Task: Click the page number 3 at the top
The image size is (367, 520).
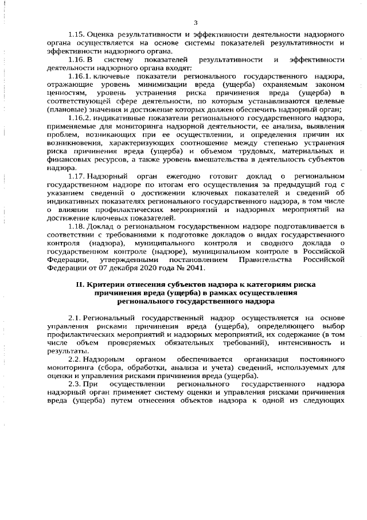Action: pos(196,22)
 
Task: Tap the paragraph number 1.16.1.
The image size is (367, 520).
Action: pos(81,76)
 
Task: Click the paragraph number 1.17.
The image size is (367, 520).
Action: pos(77,174)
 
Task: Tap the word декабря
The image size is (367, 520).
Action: pos(111,267)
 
